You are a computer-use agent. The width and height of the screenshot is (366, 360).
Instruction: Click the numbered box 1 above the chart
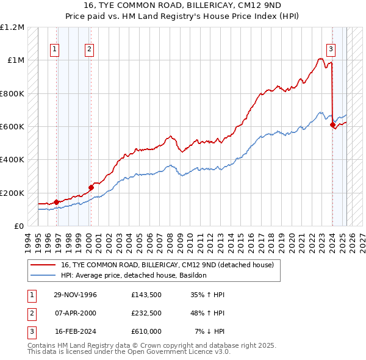click(55, 49)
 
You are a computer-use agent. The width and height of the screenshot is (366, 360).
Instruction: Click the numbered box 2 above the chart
click(89, 49)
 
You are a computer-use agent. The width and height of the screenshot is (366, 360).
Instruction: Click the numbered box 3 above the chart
click(331, 49)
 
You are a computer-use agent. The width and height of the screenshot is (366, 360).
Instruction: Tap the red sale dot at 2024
click(332, 125)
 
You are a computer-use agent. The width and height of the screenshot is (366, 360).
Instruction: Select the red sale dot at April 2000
click(90, 187)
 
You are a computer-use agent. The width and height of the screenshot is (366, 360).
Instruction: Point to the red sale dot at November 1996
click(56, 202)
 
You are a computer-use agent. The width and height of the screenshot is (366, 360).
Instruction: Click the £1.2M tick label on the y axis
click(12, 27)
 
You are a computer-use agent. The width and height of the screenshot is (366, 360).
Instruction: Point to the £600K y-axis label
click(12, 127)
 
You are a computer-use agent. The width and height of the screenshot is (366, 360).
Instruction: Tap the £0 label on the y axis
click(18, 226)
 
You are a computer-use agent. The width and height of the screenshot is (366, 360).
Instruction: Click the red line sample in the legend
click(43, 265)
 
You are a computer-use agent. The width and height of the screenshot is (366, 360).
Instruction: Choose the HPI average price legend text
click(134, 275)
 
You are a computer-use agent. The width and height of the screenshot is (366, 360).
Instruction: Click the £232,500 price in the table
click(146, 314)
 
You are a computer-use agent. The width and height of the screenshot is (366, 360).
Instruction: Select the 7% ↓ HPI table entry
click(210, 332)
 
